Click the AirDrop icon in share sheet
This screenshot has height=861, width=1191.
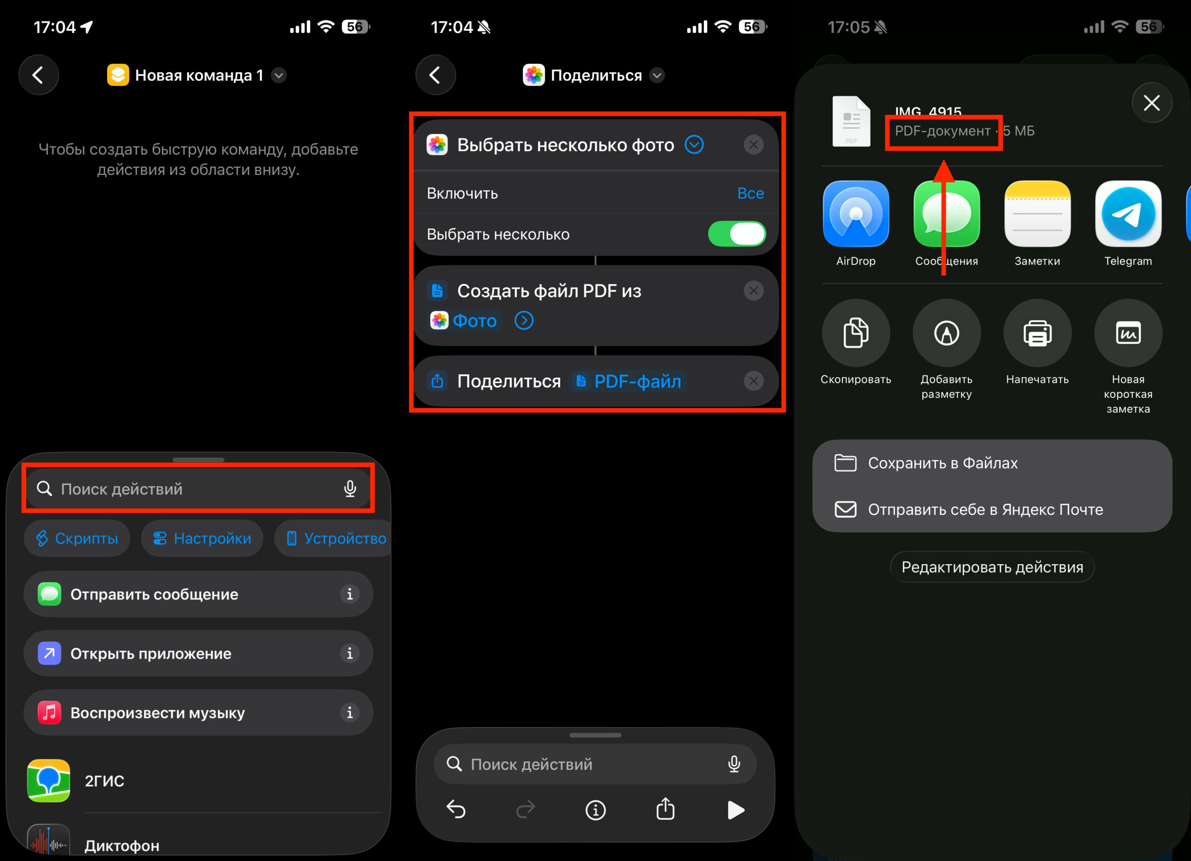[856, 214]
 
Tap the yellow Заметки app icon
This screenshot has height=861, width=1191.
[1037, 214]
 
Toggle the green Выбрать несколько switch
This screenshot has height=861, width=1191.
[736, 234]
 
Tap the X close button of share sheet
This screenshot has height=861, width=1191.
[1151, 103]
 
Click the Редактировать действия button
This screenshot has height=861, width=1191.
[991, 567]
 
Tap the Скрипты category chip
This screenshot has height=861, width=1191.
[77, 538]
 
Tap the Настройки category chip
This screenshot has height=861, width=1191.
[202, 538]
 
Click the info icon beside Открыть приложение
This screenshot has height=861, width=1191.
[349, 653]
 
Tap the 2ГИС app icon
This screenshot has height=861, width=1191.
[48, 780]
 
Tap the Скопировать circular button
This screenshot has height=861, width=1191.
[856, 333]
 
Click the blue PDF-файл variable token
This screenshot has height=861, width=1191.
[629, 381]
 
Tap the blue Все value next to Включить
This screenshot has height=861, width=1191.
[750, 193]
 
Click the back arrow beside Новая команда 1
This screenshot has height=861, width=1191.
[38, 75]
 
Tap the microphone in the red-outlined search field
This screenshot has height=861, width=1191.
[350, 489]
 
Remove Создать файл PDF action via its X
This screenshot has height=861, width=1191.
[753, 290]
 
